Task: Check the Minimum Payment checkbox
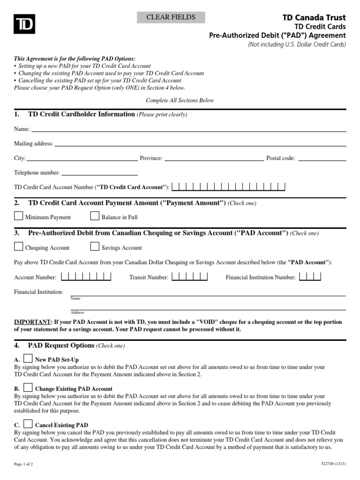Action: click(18, 216)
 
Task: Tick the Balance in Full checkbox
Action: click(94, 216)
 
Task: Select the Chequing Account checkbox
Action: click(18, 247)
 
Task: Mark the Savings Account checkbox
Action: click(94, 247)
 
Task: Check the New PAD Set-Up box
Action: click(28, 358)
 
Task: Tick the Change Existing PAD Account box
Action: click(28, 388)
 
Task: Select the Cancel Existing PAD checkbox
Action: click(28, 424)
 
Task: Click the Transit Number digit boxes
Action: click(189, 277)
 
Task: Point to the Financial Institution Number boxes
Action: click(310, 277)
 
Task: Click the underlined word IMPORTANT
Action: click(32, 322)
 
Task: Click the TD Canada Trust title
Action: click(314, 17)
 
